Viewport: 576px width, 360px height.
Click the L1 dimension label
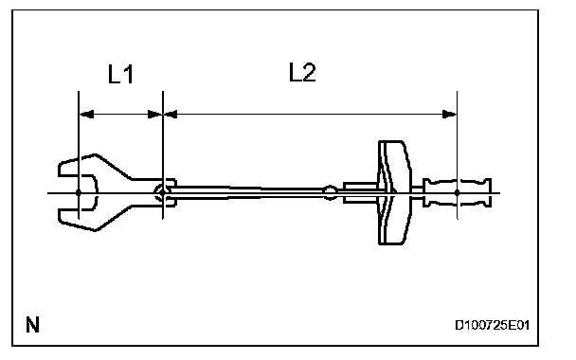[120, 74]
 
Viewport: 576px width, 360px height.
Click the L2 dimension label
[302, 72]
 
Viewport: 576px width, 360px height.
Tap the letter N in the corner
[32, 325]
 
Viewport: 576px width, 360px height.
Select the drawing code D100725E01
[492, 325]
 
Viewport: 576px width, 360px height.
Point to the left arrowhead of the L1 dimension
[86, 115]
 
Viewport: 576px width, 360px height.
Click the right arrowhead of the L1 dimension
[154, 115]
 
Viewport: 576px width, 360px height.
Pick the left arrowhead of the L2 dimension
[171, 115]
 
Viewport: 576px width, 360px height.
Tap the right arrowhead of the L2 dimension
[449, 115]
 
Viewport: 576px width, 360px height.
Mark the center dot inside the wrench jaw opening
[79, 192]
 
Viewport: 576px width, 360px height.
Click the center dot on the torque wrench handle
[457, 192]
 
